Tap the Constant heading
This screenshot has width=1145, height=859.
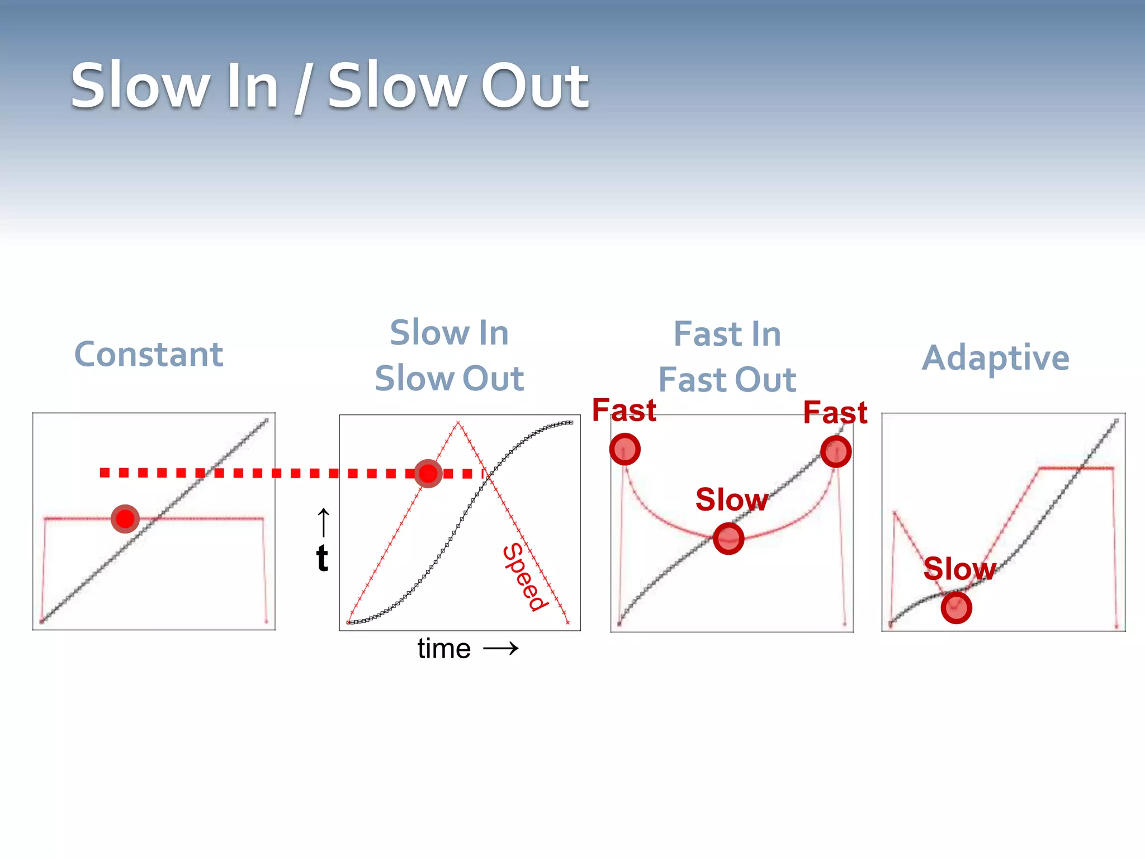pos(149,355)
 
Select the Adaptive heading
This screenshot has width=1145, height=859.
pos(996,358)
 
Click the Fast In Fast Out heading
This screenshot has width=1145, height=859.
pos(727,357)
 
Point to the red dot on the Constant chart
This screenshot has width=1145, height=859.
pos(125,519)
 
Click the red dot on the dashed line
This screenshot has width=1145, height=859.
pos(428,474)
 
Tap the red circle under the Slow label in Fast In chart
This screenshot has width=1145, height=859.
pos(728,539)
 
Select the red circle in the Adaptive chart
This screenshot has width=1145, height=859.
pos(956,608)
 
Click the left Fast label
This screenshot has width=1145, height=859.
pos(624,410)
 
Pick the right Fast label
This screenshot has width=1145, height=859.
pos(835,413)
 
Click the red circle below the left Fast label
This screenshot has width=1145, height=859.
pos(624,449)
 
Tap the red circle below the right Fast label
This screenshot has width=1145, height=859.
pos(836,452)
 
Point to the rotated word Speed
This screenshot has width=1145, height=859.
pos(524,577)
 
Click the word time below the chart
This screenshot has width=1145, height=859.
pos(444,649)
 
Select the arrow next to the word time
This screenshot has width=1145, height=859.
pos(501,649)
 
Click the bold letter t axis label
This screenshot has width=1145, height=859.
pos(322,558)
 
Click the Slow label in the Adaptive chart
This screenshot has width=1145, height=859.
pos(959,569)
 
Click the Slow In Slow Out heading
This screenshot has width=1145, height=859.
pos(449,355)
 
